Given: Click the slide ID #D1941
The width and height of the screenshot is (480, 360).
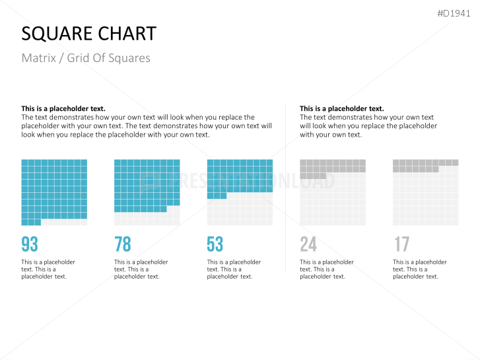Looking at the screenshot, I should tap(454, 13).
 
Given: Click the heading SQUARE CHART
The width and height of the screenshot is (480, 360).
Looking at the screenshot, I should tap(88, 34).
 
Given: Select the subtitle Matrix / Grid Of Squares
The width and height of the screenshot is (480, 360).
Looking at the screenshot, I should tap(86, 58).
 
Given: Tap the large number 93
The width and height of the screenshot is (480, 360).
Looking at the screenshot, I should tap(30, 244).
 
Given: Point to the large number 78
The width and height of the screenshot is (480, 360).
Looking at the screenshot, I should tap(123, 244).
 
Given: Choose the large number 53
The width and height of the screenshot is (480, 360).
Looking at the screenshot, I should tap(215, 244).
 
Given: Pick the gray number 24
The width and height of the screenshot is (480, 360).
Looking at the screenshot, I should tap(308, 244).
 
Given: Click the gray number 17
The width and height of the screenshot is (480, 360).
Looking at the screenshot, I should tap(401, 244).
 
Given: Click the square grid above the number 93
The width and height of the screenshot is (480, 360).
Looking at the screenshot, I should tap(54, 192).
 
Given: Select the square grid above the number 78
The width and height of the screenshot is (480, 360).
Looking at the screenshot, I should tap(147, 192).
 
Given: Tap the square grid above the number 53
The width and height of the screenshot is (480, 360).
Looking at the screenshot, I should tap(240, 192).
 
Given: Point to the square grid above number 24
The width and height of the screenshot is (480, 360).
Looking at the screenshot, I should tap(333, 192).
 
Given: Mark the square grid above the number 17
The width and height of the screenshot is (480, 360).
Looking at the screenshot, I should tap(425, 192).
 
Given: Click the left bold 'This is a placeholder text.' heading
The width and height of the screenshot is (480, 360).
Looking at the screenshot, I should tap(63, 108).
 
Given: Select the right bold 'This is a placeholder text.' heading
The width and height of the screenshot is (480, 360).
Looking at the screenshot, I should tap(341, 108).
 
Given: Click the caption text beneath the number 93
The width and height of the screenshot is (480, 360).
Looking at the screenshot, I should tap(48, 270).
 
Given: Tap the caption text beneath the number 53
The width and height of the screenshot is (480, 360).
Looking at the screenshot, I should tap(234, 270).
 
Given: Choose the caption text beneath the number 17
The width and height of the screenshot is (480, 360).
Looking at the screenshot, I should tap(419, 270).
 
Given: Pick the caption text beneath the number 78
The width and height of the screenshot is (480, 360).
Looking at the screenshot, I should tap(141, 270).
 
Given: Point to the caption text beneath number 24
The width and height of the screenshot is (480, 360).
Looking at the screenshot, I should tap(326, 270).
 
